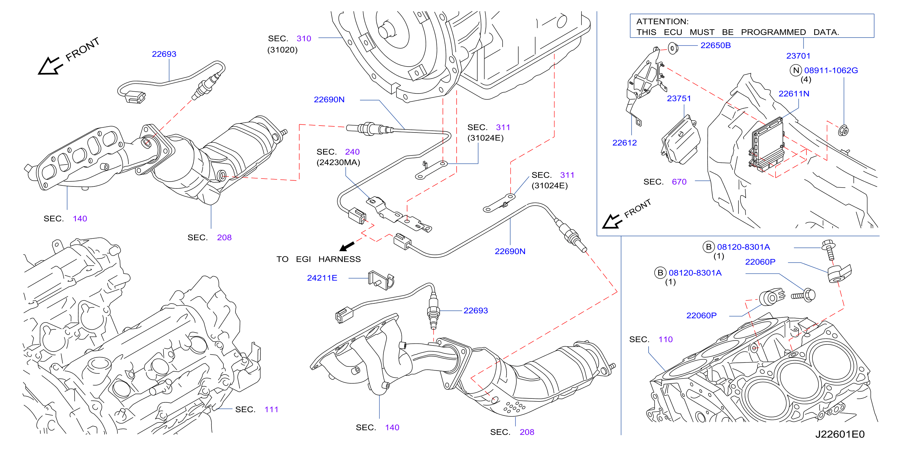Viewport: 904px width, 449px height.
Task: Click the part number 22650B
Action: (715, 45)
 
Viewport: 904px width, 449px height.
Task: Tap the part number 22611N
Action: (794, 94)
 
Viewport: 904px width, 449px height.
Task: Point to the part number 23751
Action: (679, 98)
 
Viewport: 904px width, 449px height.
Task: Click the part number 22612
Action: (624, 143)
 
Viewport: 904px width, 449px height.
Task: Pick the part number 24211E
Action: (322, 278)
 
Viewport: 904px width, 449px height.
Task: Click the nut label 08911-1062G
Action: (831, 70)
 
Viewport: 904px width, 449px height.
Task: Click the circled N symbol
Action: (795, 70)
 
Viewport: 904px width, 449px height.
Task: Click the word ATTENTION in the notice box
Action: (662, 21)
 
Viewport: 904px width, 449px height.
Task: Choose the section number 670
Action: (679, 182)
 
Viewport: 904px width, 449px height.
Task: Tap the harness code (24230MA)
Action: (338, 162)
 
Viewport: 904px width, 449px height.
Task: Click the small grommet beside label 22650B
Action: (672, 48)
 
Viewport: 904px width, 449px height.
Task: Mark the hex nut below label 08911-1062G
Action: (843, 131)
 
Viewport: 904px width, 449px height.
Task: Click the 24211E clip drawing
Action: (381, 280)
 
